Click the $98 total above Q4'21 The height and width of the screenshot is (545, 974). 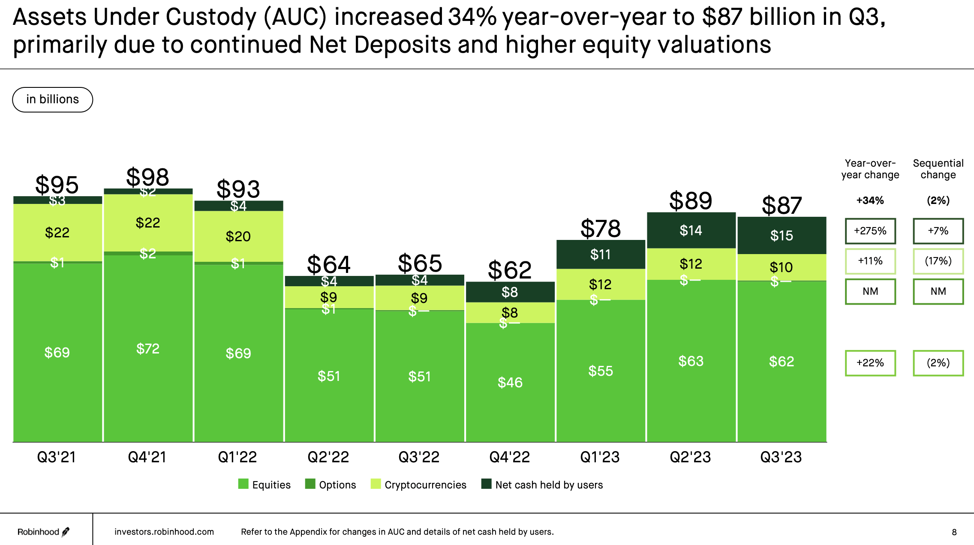[147, 177]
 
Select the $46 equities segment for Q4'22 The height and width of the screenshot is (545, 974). [510, 382]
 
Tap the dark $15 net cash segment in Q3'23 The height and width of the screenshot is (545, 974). [782, 235]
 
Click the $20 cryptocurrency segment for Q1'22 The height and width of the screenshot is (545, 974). [238, 236]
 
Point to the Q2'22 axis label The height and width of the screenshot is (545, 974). [328, 457]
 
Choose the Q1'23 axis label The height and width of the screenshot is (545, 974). [600, 457]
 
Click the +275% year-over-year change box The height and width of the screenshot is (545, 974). [870, 231]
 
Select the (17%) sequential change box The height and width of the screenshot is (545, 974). [938, 261]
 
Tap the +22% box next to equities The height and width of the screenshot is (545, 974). [870, 363]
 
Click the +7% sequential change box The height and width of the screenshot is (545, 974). [938, 231]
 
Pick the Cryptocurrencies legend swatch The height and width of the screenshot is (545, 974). [376, 484]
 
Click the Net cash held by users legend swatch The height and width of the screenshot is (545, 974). [486, 484]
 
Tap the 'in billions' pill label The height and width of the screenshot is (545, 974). [52, 99]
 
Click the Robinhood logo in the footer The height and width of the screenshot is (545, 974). [43, 532]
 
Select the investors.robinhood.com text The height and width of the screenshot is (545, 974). [164, 532]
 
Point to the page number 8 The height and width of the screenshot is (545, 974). [954, 532]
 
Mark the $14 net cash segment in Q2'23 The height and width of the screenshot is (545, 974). [691, 231]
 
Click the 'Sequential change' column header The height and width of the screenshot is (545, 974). [938, 169]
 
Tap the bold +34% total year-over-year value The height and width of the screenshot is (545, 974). [870, 201]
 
